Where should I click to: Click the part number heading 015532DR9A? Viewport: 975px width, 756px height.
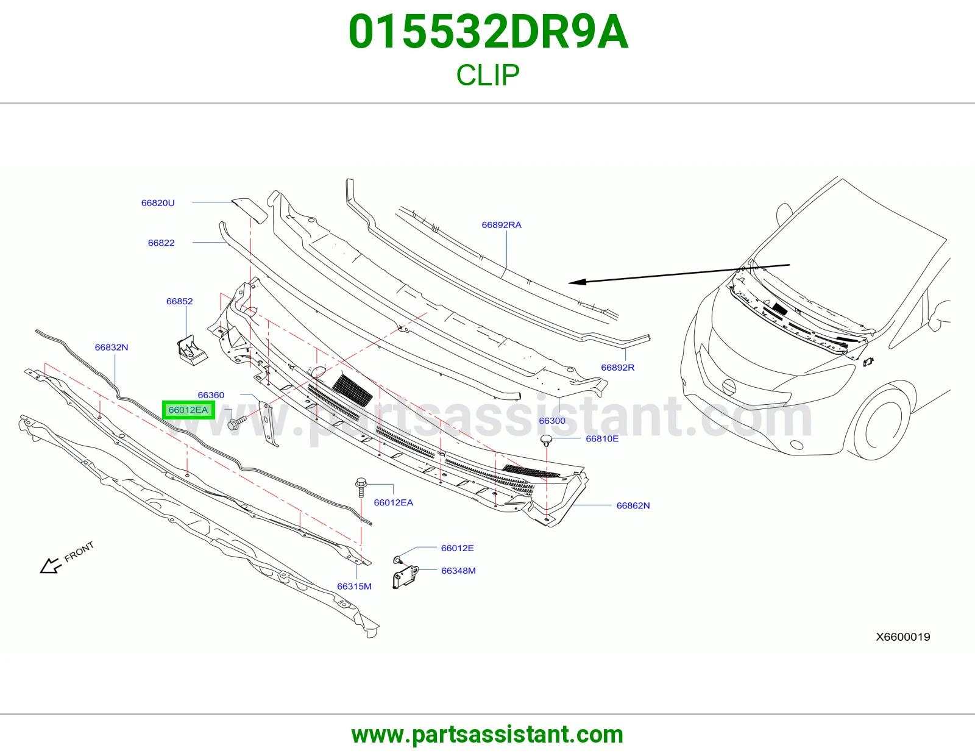488,32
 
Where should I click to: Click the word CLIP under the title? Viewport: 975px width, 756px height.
487,75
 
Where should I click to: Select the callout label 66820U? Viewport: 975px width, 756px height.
158,203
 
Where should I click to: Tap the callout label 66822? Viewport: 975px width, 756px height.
161,243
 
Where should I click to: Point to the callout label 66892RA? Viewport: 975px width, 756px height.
502,225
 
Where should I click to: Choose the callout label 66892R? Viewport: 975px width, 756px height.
617,367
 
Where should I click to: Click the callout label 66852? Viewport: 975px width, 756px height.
180,301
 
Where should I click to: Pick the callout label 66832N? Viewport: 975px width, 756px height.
112,347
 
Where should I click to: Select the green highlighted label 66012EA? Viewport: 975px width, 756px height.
188,410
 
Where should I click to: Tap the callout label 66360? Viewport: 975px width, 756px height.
211,395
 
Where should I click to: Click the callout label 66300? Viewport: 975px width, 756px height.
552,421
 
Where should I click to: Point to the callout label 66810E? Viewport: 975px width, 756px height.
602,438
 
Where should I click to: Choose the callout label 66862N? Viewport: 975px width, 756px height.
633,505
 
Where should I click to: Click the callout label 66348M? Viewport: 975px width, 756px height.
459,571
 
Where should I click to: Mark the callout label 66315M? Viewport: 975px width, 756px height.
355,587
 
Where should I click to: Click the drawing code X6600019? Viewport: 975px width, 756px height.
903,637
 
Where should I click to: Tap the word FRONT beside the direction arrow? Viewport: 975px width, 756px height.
79,552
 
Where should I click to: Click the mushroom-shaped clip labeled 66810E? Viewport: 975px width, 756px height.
546,440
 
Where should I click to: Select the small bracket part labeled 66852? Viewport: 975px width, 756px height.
192,350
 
